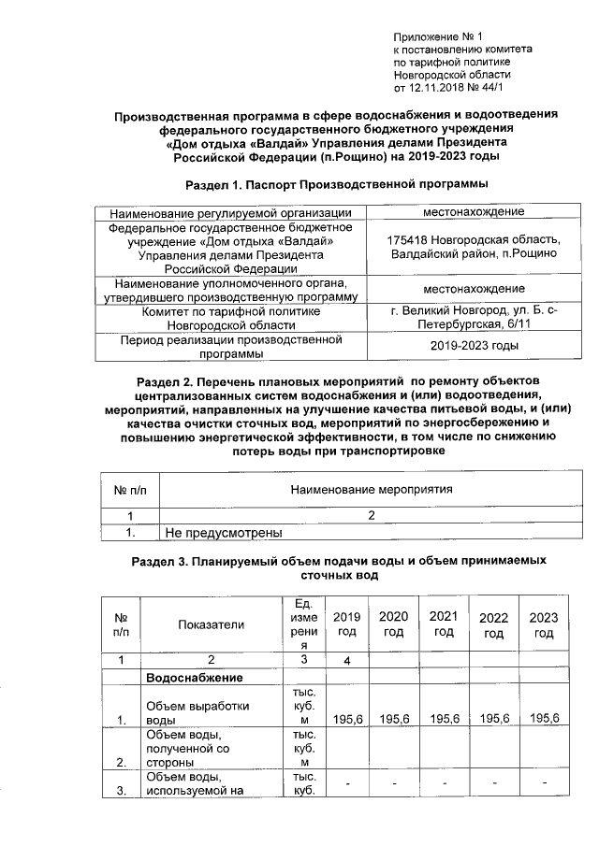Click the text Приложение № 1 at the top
437,34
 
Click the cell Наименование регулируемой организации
230,212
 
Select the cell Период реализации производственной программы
230,347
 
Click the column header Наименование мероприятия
372,489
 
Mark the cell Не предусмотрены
224,534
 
